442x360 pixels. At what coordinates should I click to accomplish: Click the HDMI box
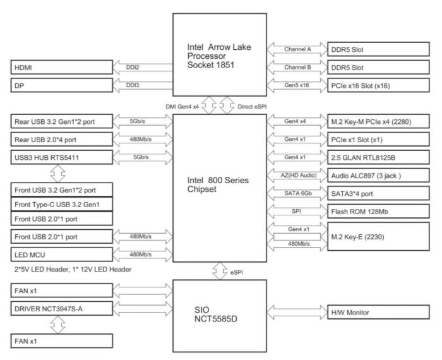62,67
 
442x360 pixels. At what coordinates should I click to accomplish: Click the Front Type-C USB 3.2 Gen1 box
62,204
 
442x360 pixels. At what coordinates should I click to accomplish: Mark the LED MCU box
62,255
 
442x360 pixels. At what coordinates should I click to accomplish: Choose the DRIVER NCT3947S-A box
62,309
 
